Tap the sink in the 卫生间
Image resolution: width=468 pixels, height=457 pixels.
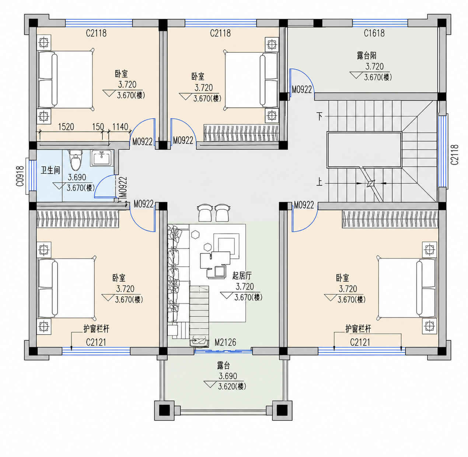point(102,158)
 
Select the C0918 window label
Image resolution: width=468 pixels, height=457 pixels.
point(20,176)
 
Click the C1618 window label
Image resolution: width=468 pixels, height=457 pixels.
point(374,33)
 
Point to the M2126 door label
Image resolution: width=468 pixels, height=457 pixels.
point(225,342)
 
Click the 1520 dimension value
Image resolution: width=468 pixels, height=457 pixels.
point(66,127)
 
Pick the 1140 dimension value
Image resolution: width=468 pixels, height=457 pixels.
point(120,127)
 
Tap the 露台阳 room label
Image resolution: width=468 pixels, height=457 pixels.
point(367,56)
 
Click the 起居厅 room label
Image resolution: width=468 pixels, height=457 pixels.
point(242,276)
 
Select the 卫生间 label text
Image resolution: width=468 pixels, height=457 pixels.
point(50,170)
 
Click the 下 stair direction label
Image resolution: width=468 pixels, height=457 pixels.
point(319,117)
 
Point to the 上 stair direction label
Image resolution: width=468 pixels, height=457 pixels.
point(319,182)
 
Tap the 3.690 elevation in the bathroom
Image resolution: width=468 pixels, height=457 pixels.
point(77,177)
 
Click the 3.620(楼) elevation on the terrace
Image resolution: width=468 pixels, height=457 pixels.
point(232,387)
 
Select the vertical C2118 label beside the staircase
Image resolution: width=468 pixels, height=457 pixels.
point(454,155)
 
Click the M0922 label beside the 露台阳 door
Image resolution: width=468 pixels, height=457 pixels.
point(301,90)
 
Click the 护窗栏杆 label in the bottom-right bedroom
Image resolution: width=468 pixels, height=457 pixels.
point(358,329)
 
